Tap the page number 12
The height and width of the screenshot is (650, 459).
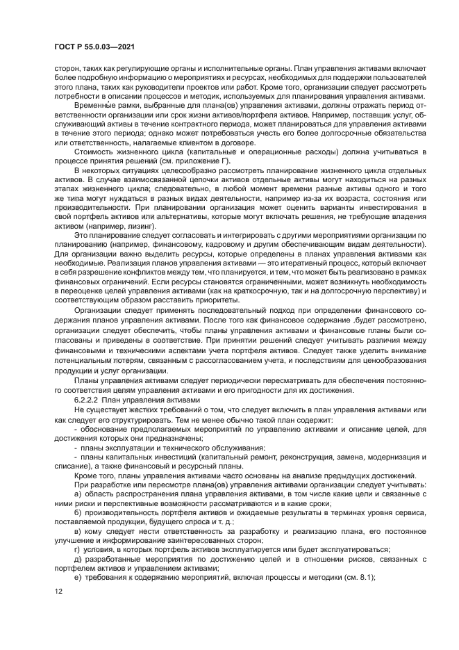click(x=58, y=592)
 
